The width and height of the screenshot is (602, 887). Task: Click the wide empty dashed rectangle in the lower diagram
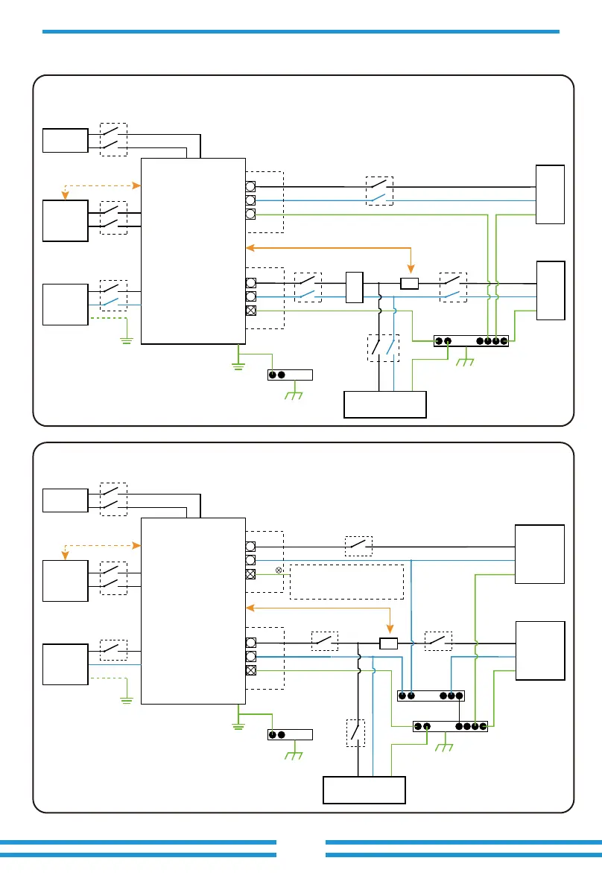346,582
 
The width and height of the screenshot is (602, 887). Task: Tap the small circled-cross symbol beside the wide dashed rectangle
279,570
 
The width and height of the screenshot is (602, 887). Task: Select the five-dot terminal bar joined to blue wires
431,696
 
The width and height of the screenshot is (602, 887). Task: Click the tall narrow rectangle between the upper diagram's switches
354,288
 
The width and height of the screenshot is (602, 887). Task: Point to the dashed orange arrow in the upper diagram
103,185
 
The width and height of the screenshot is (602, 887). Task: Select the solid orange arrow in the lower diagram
320,608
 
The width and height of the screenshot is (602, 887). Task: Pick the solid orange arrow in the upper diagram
328,247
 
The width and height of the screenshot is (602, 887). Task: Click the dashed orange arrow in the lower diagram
103,545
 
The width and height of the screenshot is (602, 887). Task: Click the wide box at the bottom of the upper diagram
384,404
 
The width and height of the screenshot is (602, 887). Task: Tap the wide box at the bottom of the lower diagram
364,789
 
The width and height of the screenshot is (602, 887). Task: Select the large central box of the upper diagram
193,251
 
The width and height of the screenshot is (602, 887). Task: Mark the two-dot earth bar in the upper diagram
291,375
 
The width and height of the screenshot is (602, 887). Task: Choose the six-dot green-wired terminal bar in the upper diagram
471,341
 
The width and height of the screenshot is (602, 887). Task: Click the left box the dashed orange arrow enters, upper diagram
65,220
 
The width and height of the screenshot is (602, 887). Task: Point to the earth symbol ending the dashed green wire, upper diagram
128,340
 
